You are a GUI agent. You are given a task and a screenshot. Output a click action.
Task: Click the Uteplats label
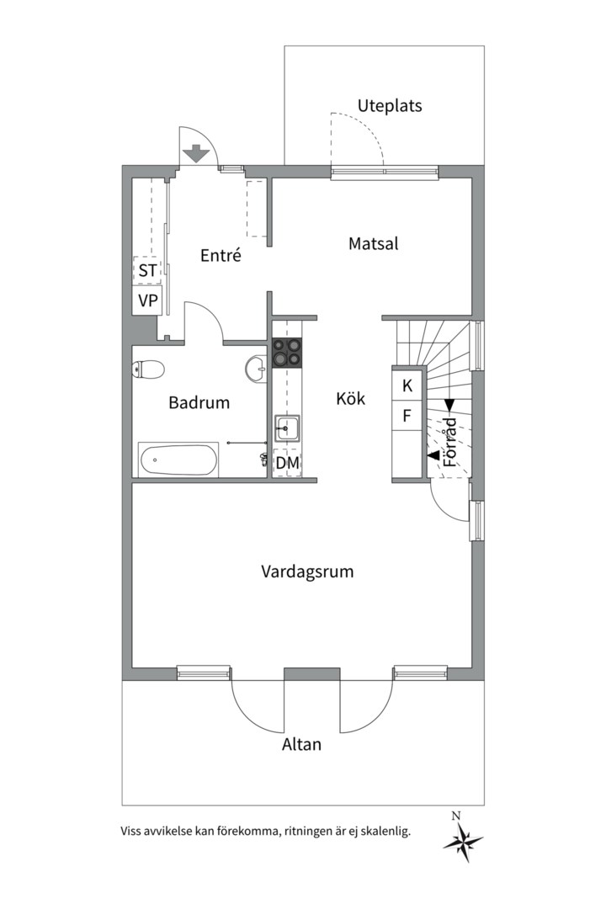tap(389, 106)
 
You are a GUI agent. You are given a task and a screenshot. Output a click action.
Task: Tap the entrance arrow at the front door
tap(196, 153)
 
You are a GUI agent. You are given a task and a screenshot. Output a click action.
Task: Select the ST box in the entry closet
tap(147, 270)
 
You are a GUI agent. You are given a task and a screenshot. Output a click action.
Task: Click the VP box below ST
tap(147, 300)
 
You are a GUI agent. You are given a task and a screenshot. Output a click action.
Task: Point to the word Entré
tap(221, 255)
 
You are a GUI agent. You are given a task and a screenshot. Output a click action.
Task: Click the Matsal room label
tap(374, 243)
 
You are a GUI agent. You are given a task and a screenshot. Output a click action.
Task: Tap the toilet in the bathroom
tap(148, 369)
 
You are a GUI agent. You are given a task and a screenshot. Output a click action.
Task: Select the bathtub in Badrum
tap(178, 460)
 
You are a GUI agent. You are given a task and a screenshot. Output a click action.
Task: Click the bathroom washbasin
tap(257, 368)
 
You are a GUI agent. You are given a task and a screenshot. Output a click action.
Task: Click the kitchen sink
tap(287, 428)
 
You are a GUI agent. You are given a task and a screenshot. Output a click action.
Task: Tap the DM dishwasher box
tap(288, 463)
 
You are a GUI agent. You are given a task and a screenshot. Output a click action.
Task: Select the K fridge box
tap(407, 385)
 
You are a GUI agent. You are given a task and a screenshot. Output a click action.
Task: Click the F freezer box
tap(407, 415)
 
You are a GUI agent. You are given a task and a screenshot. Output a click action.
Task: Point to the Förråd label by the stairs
tap(450, 443)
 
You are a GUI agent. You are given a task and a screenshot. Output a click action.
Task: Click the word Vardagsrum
tap(307, 572)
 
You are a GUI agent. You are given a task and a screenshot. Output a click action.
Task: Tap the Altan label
tap(301, 744)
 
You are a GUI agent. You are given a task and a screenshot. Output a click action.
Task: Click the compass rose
tap(463, 840)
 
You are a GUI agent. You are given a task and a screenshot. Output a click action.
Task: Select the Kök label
tap(351, 398)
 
